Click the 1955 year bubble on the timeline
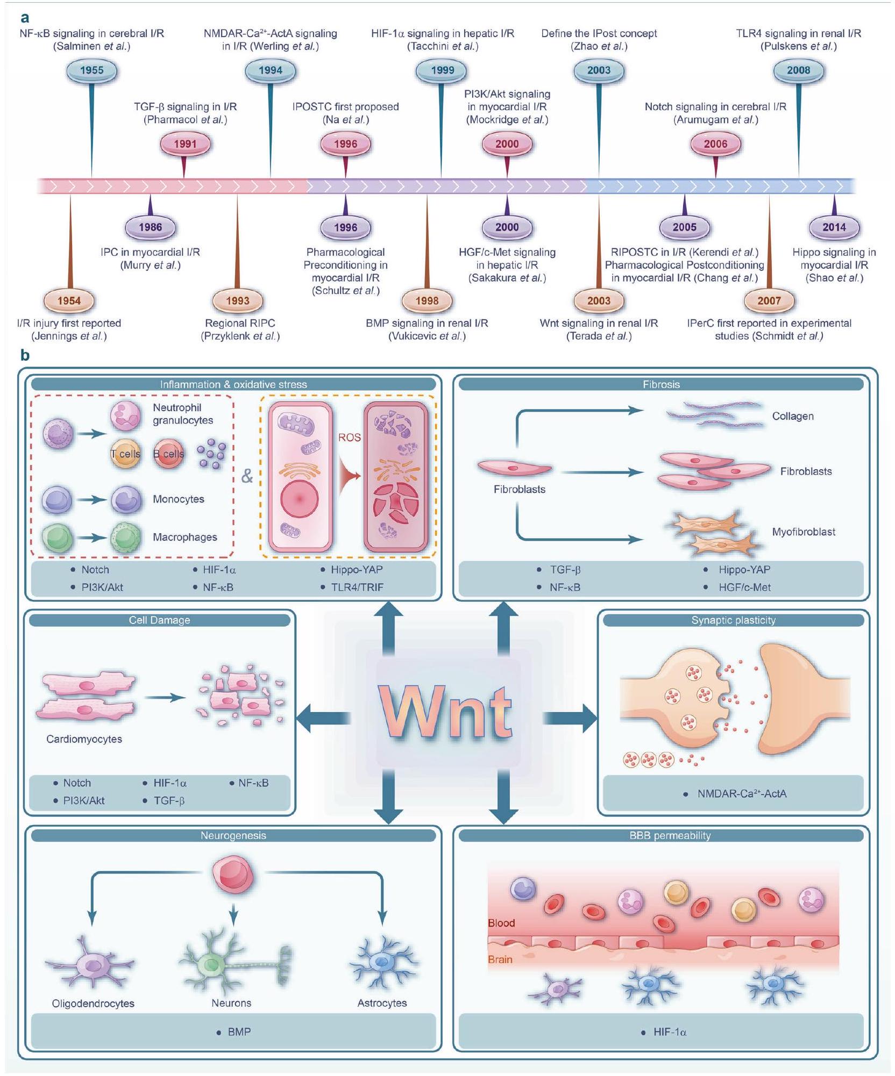[x=91, y=70]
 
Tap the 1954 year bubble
[x=69, y=301]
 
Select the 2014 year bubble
[x=834, y=227]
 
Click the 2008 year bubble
[x=798, y=70]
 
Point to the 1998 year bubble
[x=427, y=301]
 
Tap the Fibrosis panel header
[x=661, y=384]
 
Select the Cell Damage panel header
[x=159, y=620]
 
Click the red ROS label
[x=349, y=437]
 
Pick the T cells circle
[x=125, y=454]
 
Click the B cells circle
[x=169, y=454]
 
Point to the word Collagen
[x=792, y=416]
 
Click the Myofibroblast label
[x=804, y=532]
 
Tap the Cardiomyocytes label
[x=84, y=739]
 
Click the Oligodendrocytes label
[x=93, y=1003]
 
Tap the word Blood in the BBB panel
[x=501, y=923]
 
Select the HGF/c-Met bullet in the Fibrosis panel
[x=744, y=587]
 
